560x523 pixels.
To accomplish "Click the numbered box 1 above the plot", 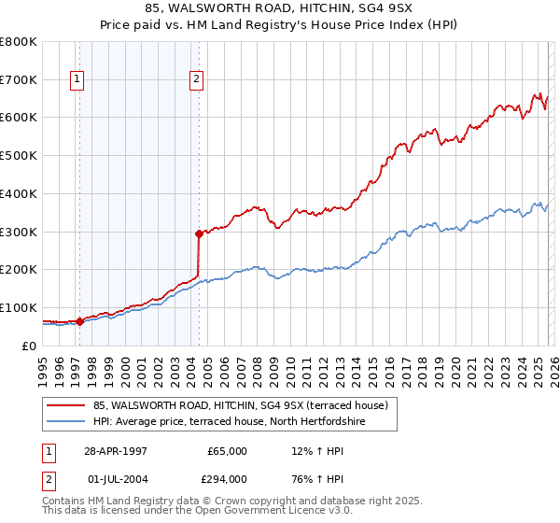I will pyautogui.click(x=77, y=80).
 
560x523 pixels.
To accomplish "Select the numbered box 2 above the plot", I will pyautogui.click(x=197, y=80).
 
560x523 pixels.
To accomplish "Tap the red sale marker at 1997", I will pyautogui.click(x=80, y=320).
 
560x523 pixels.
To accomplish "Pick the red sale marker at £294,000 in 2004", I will pyautogui.click(x=199, y=233).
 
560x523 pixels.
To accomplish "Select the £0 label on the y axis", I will pyautogui.click(x=29, y=346).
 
